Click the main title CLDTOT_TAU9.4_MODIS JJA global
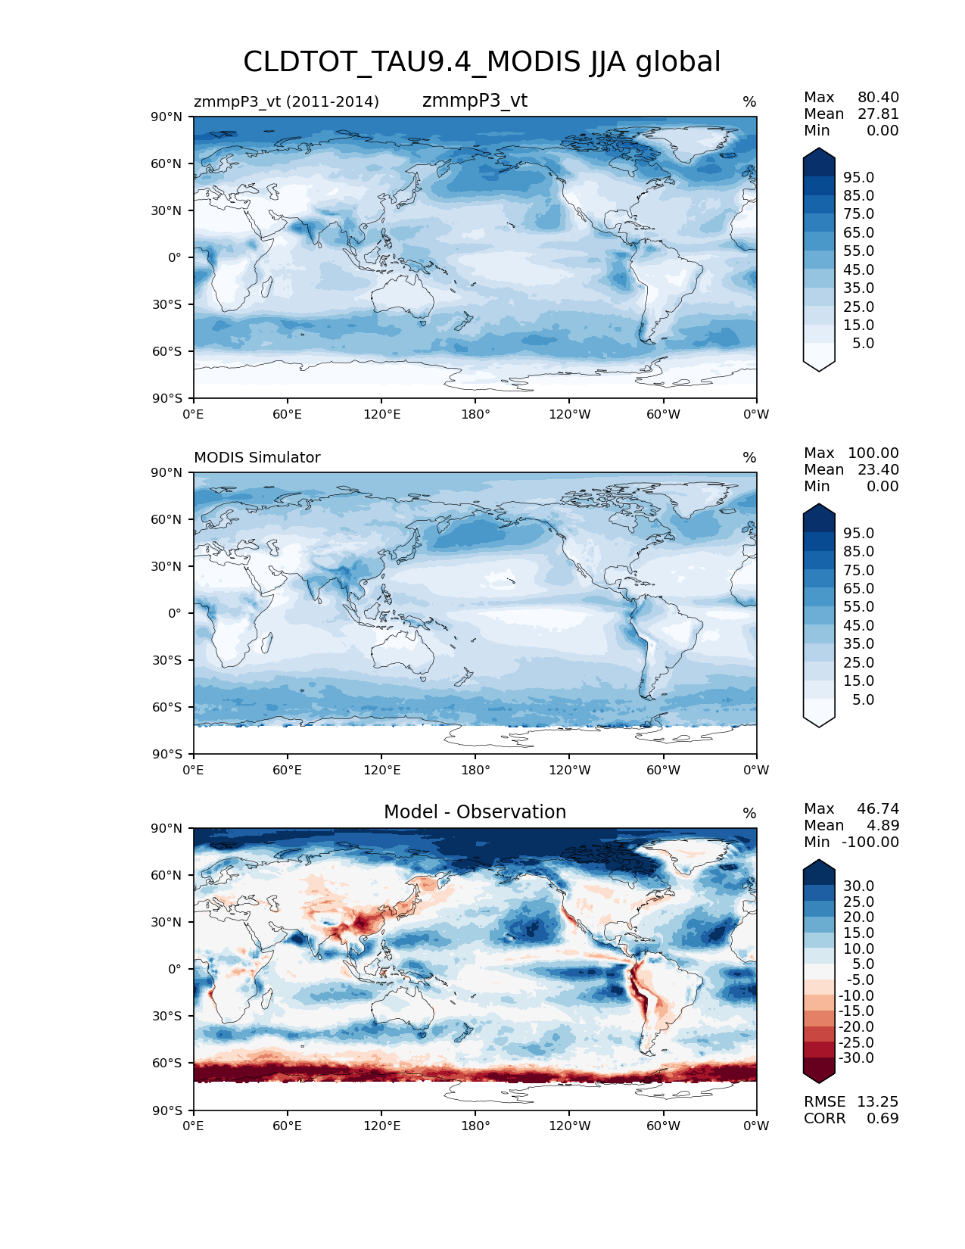point(481,62)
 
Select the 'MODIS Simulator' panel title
point(257,457)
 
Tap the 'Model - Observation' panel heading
point(475,812)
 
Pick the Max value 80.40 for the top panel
point(878,97)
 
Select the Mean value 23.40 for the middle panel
point(878,469)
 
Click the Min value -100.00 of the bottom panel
point(870,842)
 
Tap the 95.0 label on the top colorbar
point(858,177)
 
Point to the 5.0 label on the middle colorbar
point(863,699)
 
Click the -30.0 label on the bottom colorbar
point(856,1057)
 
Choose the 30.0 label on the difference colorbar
point(858,886)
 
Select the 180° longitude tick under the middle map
point(475,770)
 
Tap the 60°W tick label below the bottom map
point(663,1126)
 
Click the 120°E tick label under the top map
point(381,414)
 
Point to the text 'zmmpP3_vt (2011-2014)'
point(286,101)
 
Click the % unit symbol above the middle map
point(749,457)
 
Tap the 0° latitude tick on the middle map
point(175,613)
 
